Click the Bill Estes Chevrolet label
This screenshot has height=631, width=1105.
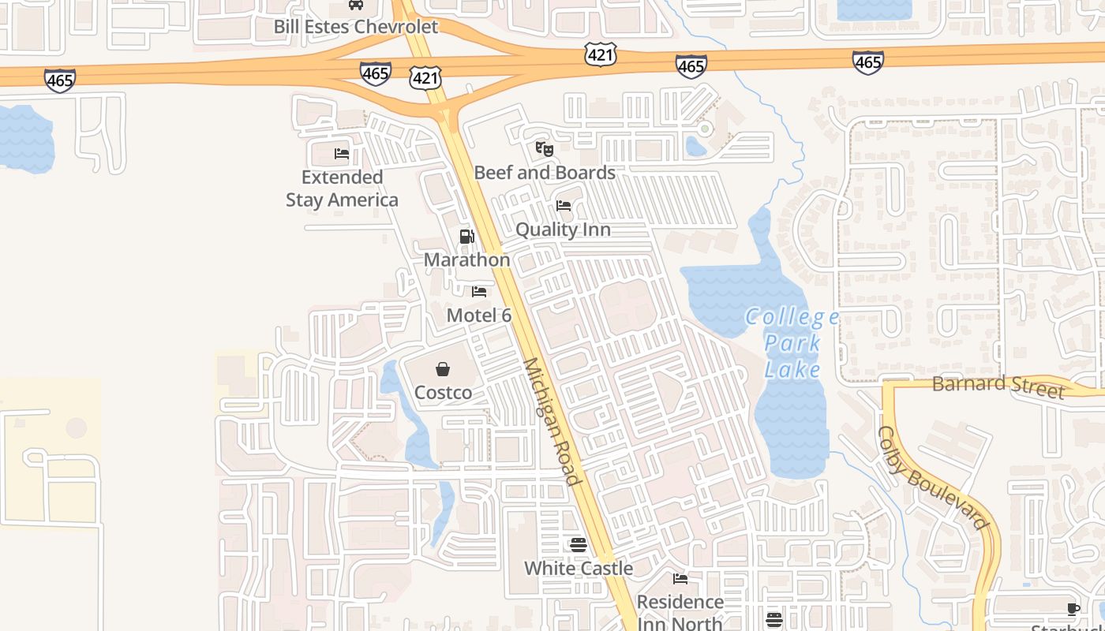[x=355, y=27]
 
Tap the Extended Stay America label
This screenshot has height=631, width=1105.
[x=342, y=189]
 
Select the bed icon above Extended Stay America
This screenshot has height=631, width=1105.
[x=342, y=154]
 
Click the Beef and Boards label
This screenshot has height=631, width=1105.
[x=545, y=173]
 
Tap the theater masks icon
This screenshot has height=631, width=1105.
[x=544, y=148]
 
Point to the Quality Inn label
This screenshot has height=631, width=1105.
[x=563, y=230]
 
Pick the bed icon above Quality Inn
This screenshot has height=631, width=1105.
[x=564, y=206]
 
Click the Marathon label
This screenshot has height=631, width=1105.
[x=466, y=259]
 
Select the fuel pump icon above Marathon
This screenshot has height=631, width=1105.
[x=466, y=237]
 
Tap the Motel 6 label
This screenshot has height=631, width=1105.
[x=479, y=315]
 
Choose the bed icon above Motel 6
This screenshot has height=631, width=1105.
[x=479, y=292]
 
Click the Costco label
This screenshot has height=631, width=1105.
[x=444, y=393]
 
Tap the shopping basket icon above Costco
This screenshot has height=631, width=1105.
[x=443, y=369]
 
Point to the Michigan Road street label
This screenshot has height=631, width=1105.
[x=552, y=421]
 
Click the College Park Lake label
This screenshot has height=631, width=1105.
[x=792, y=343]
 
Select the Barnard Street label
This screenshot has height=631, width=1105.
[x=998, y=386]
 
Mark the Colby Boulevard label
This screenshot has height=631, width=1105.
[x=932, y=478]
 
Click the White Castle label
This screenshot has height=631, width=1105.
[x=579, y=569]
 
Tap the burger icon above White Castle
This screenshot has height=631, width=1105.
[x=579, y=545]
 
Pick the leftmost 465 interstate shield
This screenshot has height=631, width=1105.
[x=60, y=80]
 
